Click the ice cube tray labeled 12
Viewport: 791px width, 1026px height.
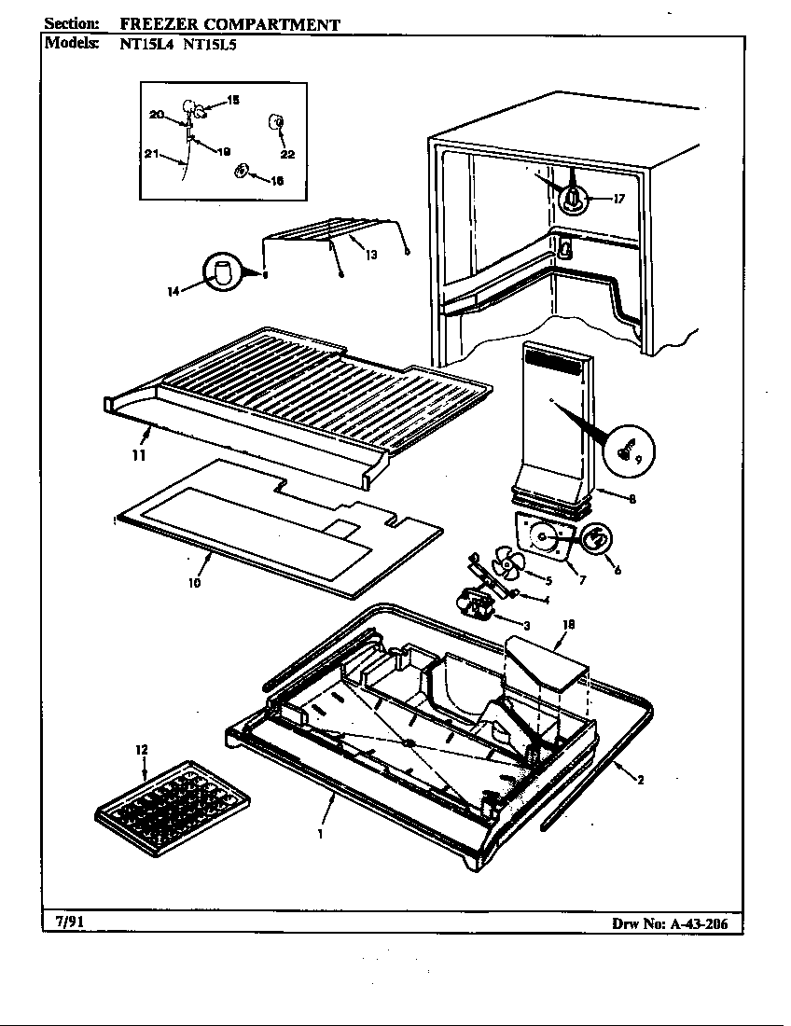point(173,807)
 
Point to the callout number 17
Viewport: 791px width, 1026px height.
point(618,198)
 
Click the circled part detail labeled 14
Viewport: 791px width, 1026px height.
point(224,273)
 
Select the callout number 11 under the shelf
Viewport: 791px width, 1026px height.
point(138,455)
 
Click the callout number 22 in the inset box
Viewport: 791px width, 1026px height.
point(287,155)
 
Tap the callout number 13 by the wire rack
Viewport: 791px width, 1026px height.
point(370,255)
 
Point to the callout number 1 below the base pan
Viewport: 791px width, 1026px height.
point(320,835)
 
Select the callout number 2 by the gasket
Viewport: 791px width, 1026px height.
point(640,781)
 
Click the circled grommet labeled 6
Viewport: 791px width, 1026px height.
point(597,540)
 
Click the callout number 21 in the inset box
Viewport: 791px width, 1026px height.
point(151,154)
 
